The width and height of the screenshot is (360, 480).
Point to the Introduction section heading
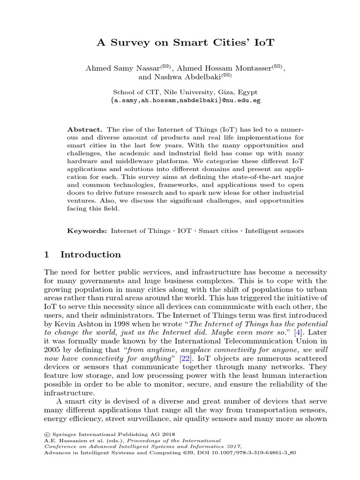point(90,255)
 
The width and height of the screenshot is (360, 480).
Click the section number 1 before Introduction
point(46,255)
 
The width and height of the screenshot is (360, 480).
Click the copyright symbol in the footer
point(47,434)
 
